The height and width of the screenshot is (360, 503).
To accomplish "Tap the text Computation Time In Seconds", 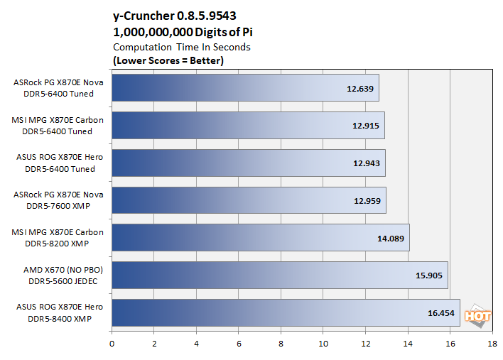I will pos(182,47).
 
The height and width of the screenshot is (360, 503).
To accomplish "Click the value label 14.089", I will pos(390,239).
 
